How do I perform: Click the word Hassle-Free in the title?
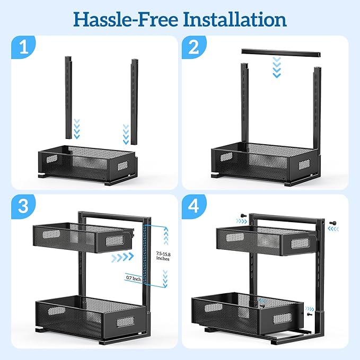(126, 20)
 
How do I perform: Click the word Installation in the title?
(235, 20)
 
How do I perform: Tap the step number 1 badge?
(23, 47)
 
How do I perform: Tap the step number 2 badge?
(194, 47)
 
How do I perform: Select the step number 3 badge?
(23, 206)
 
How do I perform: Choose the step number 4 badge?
(194, 206)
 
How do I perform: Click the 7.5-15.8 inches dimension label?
(163, 256)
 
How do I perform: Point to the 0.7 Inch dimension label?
(134, 278)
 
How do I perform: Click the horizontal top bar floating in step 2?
(281, 52)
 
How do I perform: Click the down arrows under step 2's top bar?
(277, 67)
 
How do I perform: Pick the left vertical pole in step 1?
(68, 98)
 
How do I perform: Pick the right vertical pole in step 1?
(134, 102)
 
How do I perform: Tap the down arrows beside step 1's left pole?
(77, 129)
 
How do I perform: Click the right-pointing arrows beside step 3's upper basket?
(122, 257)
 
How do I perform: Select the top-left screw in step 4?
(243, 216)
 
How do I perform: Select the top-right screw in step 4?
(332, 223)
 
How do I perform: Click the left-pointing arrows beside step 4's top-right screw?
(333, 229)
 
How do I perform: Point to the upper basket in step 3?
(83, 238)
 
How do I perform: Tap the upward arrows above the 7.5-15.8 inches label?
(166, 236)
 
